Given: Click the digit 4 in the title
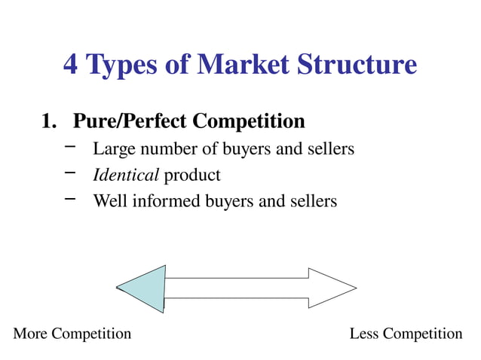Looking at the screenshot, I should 71,65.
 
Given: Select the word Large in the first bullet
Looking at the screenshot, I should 111,150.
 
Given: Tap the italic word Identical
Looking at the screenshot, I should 126,175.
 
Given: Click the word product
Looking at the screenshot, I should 192,176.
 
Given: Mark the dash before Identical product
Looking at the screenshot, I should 71,173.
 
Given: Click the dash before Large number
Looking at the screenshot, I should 71,147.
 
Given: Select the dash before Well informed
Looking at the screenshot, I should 71,199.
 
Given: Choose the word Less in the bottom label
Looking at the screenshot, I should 365,334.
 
